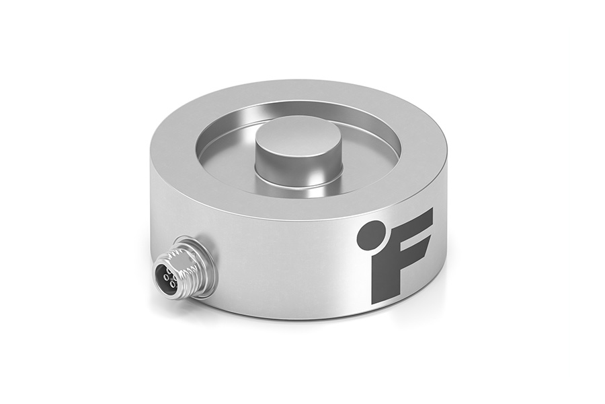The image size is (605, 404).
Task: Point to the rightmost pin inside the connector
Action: pos(175,279)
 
